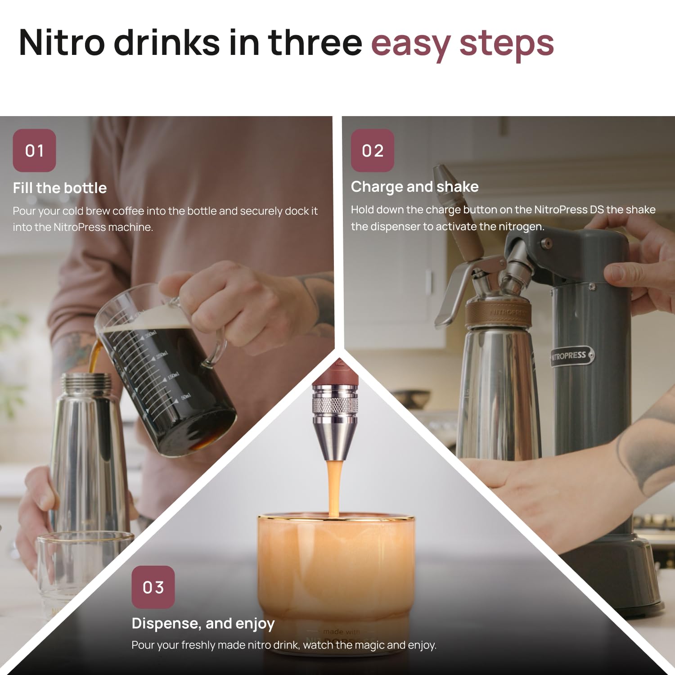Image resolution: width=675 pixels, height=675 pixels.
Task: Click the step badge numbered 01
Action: point(34,150)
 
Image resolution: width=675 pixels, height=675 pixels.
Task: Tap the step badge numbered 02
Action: point(372,150)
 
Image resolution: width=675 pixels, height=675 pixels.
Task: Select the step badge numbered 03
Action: point(153,587)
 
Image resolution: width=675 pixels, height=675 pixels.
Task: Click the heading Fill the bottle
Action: point(59,188)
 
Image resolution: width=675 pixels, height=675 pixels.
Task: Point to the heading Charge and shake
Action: point(414,186)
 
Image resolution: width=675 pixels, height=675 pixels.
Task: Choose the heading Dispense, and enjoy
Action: point(203,623)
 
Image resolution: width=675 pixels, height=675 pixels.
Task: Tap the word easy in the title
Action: point(410,44)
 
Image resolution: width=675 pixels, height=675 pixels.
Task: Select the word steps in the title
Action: point(506,44)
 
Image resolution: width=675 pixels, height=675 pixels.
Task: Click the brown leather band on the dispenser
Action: point(497,313)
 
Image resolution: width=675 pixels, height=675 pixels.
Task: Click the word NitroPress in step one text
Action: point(80,227)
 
